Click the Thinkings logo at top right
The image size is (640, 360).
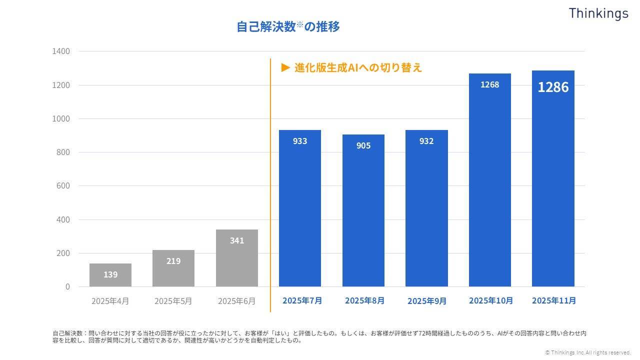click(x=598, y=13)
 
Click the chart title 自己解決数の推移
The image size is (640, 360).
click(x=288, y=26)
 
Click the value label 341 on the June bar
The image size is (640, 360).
click(x=237, y=240)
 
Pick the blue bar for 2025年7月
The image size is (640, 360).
click(x=300, y=210)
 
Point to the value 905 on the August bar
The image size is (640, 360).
click(x=363, y=145)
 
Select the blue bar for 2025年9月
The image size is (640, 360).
click(x=426, y=210)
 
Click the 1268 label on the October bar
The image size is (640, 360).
click(x=489, y=84)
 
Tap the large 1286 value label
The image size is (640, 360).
click(x=553, y=87)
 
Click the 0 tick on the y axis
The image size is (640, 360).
click(x=67, y=286)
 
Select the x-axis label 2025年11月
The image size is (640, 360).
click(x=553, y=300)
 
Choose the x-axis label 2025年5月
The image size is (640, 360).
click(x=173, y=301)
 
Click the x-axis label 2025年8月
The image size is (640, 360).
click(x=364, y=300)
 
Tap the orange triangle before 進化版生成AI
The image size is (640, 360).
click(x=285, y=67)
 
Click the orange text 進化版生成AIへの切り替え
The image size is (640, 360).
click(x=358, y=67)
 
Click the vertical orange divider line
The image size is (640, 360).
click(x=270, y=185)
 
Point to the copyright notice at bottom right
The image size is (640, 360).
click(x=588, y=352)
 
